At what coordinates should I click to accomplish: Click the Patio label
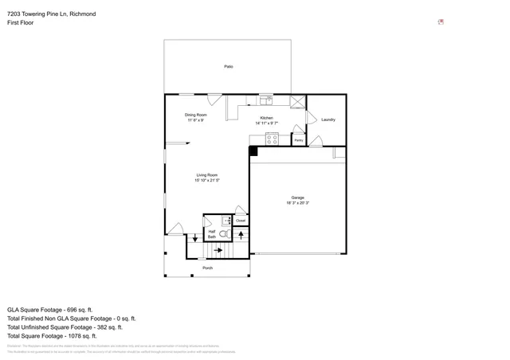pos(228,67)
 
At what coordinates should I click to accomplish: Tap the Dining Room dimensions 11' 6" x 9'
pos(196,120)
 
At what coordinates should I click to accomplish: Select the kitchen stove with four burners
pos(272,139)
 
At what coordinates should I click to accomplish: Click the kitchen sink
pos(265,100)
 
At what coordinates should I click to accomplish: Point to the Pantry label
pos(299,140)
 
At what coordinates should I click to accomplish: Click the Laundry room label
pos(328,120)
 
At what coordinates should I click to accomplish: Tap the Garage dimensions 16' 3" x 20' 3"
pos(297,203)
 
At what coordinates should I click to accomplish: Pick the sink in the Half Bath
pos(226,221)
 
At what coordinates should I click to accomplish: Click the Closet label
pos(241,221)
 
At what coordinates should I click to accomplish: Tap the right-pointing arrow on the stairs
pos(217,250)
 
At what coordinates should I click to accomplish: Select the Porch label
pos(207,268)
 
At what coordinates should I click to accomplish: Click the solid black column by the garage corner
pos(253,151)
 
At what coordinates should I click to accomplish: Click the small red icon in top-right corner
pos(441,22)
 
